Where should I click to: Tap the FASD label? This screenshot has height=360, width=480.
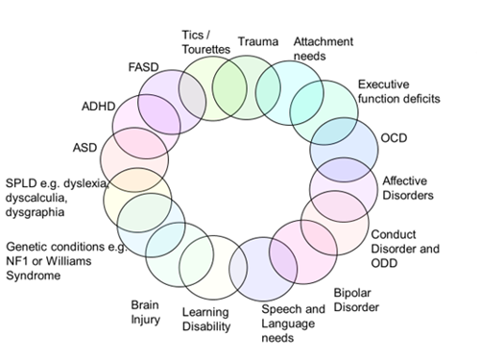(x=145, y=69)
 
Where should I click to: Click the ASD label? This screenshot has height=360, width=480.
(x=85, y=148)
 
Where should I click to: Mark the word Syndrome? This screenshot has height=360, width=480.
(x=34, y=276)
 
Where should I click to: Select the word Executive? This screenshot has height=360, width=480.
(x=382, y=84)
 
